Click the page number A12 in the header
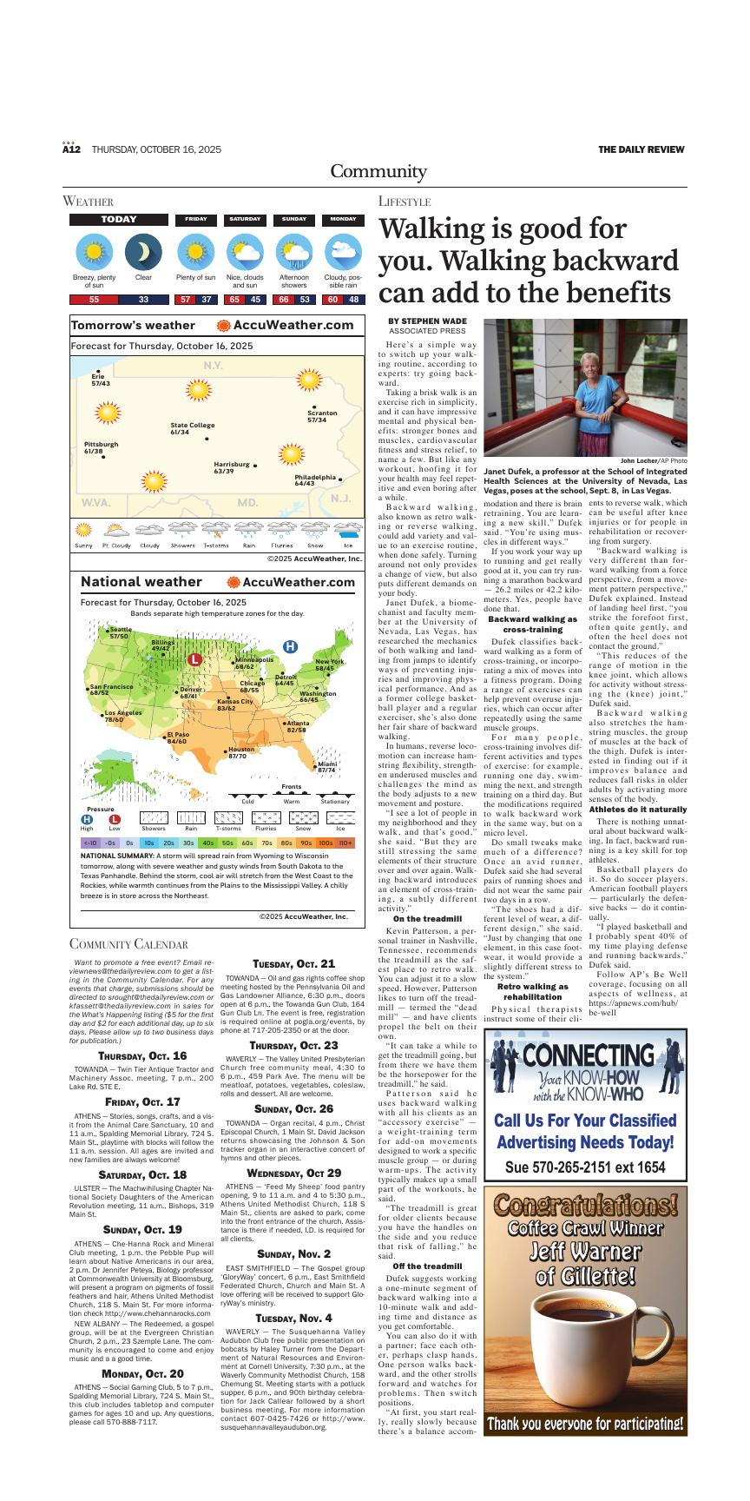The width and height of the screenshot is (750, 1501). point(71,149)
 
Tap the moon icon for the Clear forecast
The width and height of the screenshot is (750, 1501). point(143,254)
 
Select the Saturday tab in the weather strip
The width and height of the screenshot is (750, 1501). point(245,220)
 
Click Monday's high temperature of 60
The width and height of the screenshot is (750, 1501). point(332,300)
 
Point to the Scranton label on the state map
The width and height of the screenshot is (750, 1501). point(322,416)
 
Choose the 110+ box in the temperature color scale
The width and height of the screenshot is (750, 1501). point(345,843)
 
